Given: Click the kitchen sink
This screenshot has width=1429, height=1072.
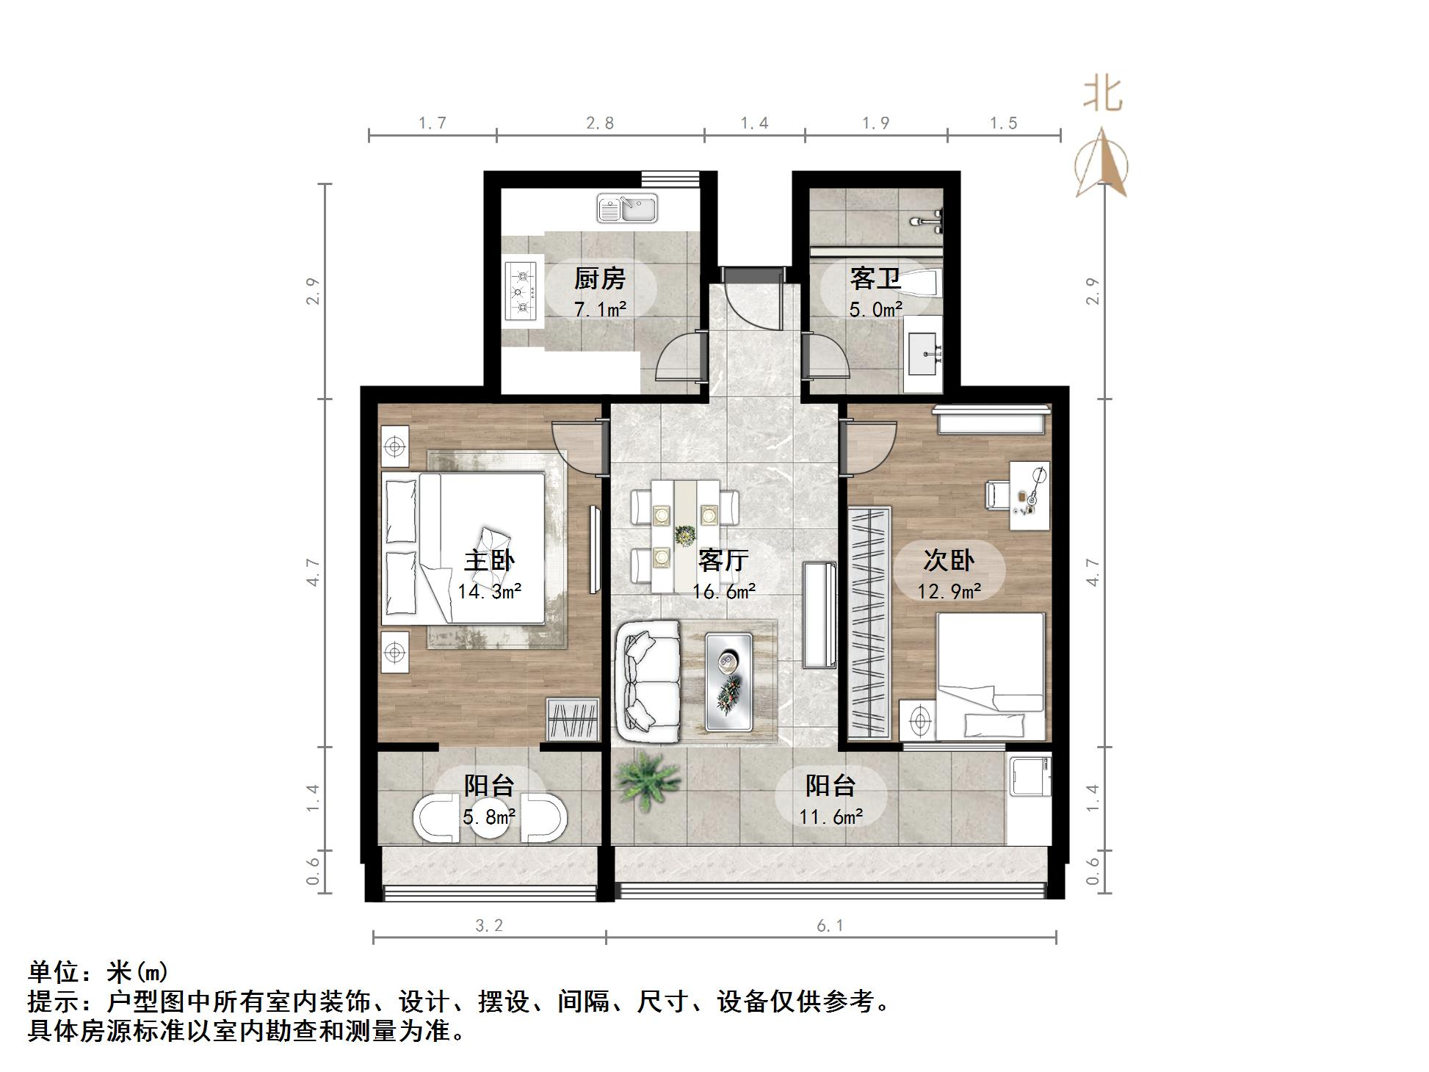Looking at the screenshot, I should click(627, 209).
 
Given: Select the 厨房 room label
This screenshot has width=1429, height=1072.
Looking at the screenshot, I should click(599, 279).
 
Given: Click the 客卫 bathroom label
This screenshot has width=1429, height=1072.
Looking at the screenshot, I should click(875, 279).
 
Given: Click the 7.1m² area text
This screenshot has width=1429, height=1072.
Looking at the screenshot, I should click(599, 310).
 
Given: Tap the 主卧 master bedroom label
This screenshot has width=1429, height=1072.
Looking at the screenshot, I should click(489, 561).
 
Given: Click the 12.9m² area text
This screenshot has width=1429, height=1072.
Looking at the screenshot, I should click(949, 591).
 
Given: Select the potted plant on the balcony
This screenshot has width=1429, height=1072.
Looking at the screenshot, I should click(648, 778).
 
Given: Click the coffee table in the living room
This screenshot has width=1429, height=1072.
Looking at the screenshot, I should click(729, 681).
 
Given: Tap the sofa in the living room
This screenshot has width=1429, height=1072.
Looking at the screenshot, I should click(649, 681).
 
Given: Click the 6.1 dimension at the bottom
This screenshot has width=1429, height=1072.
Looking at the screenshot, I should click(830, 927).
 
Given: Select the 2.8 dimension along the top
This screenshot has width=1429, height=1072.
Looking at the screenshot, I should click(600, 123).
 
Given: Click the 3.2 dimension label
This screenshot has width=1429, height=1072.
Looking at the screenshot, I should click(489, 927).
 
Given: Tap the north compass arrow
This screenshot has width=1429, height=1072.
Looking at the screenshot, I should click(1101, 163).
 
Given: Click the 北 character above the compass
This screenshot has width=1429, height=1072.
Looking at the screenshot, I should click(1102, 94).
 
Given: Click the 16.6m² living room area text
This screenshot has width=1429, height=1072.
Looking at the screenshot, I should click(724, 592).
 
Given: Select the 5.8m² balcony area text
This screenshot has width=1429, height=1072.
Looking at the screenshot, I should click(489, 816).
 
